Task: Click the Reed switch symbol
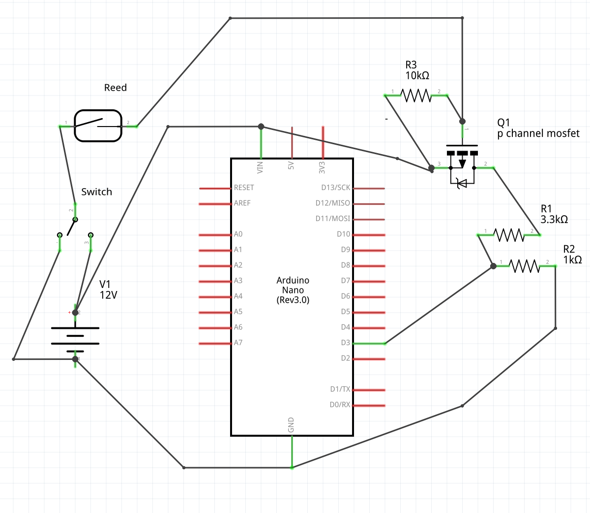[x=98, y=126]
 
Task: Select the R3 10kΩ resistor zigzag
[x=416, y=95]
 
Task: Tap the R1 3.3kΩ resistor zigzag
[x=509, y=235]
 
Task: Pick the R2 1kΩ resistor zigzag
[x=525, y=266]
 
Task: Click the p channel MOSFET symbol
[x=462, y=162]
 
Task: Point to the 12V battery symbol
[x=75, y=339]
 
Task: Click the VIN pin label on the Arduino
[x=261, y=167]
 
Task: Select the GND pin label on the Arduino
[x=291, y=425]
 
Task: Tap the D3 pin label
[x=345, y=343]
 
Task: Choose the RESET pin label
[x=244, y=188]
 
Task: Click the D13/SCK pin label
[x=336, y=188]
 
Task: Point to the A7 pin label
[x=238, y=343]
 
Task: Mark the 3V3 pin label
[x=322, y=167]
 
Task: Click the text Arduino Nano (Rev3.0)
[x=293, y=290]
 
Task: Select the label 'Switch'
[x=96, y=192]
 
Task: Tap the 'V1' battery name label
[x=105, y=284]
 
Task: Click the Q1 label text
[x=504, y=123]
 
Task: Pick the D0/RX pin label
[x=340, y=405]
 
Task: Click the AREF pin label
[x=242, y=203]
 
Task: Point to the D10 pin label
[x=343, y=234]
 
